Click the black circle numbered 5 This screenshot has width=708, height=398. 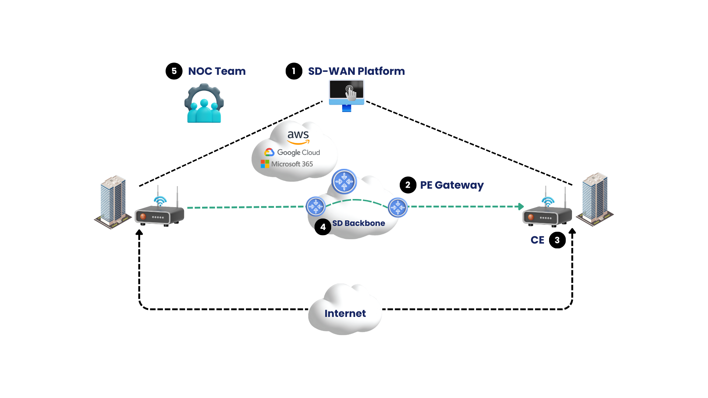pyautogui.click(x=174, y=71)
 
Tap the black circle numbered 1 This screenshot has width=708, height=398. pyautogui.click(x=294, y=71)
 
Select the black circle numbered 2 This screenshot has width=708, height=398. pyautogui.click(x=408, y=185)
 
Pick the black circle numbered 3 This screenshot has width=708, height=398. pyautogui.click(x=557, y=240)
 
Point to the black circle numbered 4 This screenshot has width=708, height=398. pyautogui.click(x=323, y=227)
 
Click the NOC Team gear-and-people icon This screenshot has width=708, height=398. pyautogui.click(x=204, y=103)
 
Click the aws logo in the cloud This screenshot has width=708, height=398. pyautogui.click(x=298, y=137)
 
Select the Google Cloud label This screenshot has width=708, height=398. pyautogui.click(x=292, y=153)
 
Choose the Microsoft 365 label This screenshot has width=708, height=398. pyautogui.click(x=287, y=164)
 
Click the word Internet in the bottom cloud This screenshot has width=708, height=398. pyautogui.click(x=345, y=314)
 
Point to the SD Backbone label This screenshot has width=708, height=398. pyautogui.click(x=359, y=223)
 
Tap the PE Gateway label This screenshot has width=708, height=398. pyautogui.click(x=452, y=185)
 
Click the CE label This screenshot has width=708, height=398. pyautogui.click(x=537, y=240)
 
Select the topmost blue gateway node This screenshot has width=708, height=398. pyautogui.click(x=344, y=182)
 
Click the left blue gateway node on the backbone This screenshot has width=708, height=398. pyautogui.click(x=316, y=207)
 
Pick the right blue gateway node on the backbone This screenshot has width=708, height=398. pyautogui.click(x=398, y=208)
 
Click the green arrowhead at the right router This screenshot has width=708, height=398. pyautogui.click(x=521, y=206)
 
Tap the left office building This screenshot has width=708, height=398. pyautogui.click(x=113, y=202)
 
